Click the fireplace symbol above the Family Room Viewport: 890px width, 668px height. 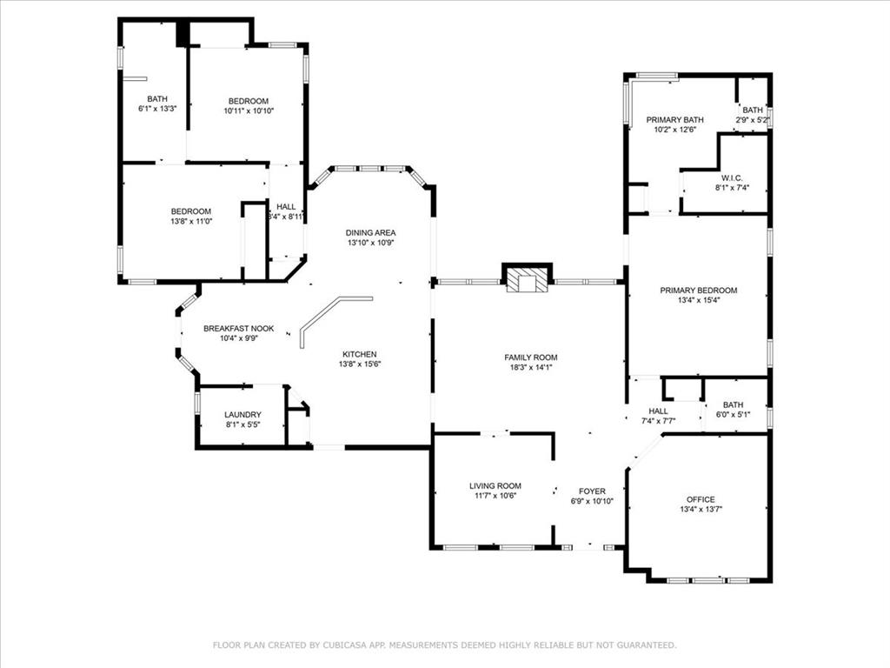528,279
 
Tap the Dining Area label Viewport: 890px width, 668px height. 370,232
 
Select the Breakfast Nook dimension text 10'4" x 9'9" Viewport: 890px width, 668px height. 238,339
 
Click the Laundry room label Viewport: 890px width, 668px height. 242,415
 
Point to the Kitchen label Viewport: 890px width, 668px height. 359,354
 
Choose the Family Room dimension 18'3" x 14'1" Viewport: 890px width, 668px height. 530,368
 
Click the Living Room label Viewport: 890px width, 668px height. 495,486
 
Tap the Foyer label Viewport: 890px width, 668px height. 592,491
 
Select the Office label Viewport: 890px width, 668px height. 701,499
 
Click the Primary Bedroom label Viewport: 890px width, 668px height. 698,291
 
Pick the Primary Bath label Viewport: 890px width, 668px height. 674,120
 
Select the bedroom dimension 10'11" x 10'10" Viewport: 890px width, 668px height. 249,111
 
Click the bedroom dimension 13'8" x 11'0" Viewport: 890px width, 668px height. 190,222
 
